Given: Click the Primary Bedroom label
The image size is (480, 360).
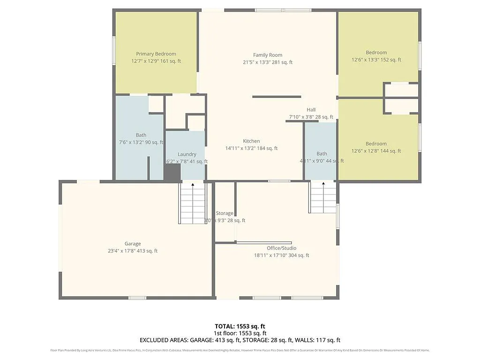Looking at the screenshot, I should (x=156, y=54).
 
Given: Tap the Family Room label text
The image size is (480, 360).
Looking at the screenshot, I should (x=268, y=55).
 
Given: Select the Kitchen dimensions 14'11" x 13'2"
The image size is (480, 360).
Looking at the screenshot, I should (x=251, y=148).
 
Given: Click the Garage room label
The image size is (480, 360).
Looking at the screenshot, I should (x=133, y=244).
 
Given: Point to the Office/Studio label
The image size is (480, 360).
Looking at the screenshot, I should (x=281, y=248).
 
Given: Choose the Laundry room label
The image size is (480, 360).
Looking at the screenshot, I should (x=187, y=154).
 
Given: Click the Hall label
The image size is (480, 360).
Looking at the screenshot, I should (x=311, y=110).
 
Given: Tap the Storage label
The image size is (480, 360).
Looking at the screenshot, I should (x=225, y=213).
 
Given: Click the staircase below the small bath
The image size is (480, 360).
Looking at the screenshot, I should (x=322, y=197).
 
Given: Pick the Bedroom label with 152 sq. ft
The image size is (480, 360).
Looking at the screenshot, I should (x=376, y=52).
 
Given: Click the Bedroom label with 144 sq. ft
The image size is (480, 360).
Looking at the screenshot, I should (x=376, y=143).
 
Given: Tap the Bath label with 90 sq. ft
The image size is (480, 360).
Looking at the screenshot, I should (x=141, y=135).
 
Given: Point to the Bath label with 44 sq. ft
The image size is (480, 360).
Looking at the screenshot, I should (x=322, y=154).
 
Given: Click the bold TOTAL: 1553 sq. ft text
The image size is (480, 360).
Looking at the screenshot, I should (x=240, y=326).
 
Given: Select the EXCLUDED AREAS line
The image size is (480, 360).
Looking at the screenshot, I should (x=240, y=340).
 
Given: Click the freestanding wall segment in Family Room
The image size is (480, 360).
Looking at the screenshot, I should (x=277, y=97).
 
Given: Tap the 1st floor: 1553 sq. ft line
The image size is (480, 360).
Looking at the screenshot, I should (x=240, y=333).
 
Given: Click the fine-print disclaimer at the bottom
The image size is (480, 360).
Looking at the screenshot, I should (x=240, y=350).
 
